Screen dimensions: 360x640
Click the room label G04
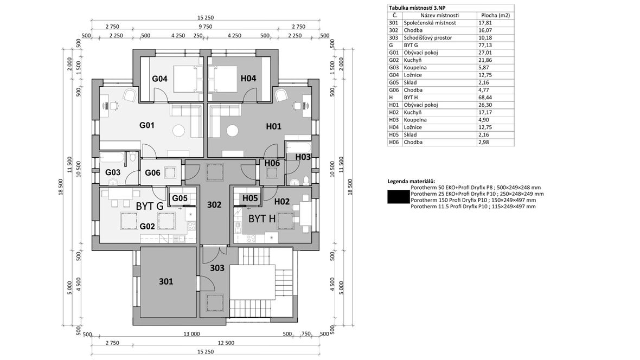point(159,79)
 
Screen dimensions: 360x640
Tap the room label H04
point(248,79)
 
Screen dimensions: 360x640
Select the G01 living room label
point(147,125)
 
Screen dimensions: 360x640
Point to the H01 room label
point(273,126)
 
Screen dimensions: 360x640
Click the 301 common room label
point(166,281)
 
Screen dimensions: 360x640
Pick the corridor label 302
point(215,205)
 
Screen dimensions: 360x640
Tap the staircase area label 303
point(217,267)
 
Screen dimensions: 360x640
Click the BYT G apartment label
point(150,206)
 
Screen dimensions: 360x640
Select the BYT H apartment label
point(263,219)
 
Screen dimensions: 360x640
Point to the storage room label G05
point(180,198)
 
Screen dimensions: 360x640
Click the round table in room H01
point(233,131)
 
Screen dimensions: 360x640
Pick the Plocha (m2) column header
point(495,15)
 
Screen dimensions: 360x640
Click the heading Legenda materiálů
point(414,181)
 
